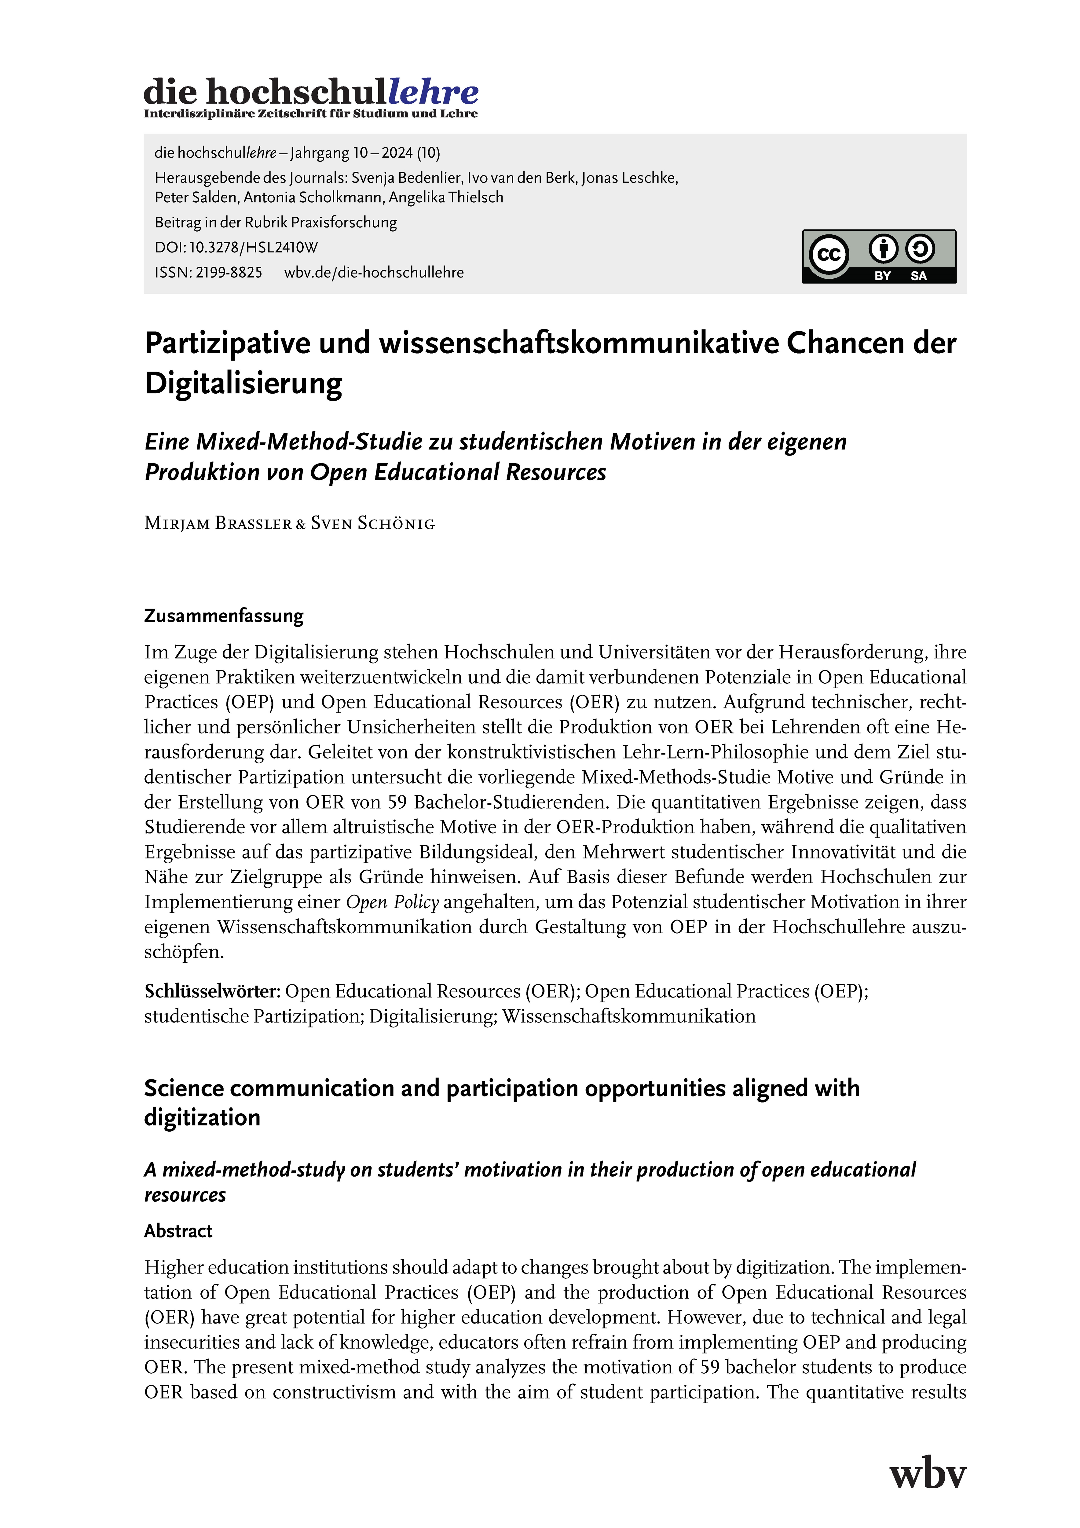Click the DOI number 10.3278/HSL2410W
coord(254,248)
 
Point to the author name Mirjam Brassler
coord(218,524)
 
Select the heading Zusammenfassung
coord(224,615)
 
